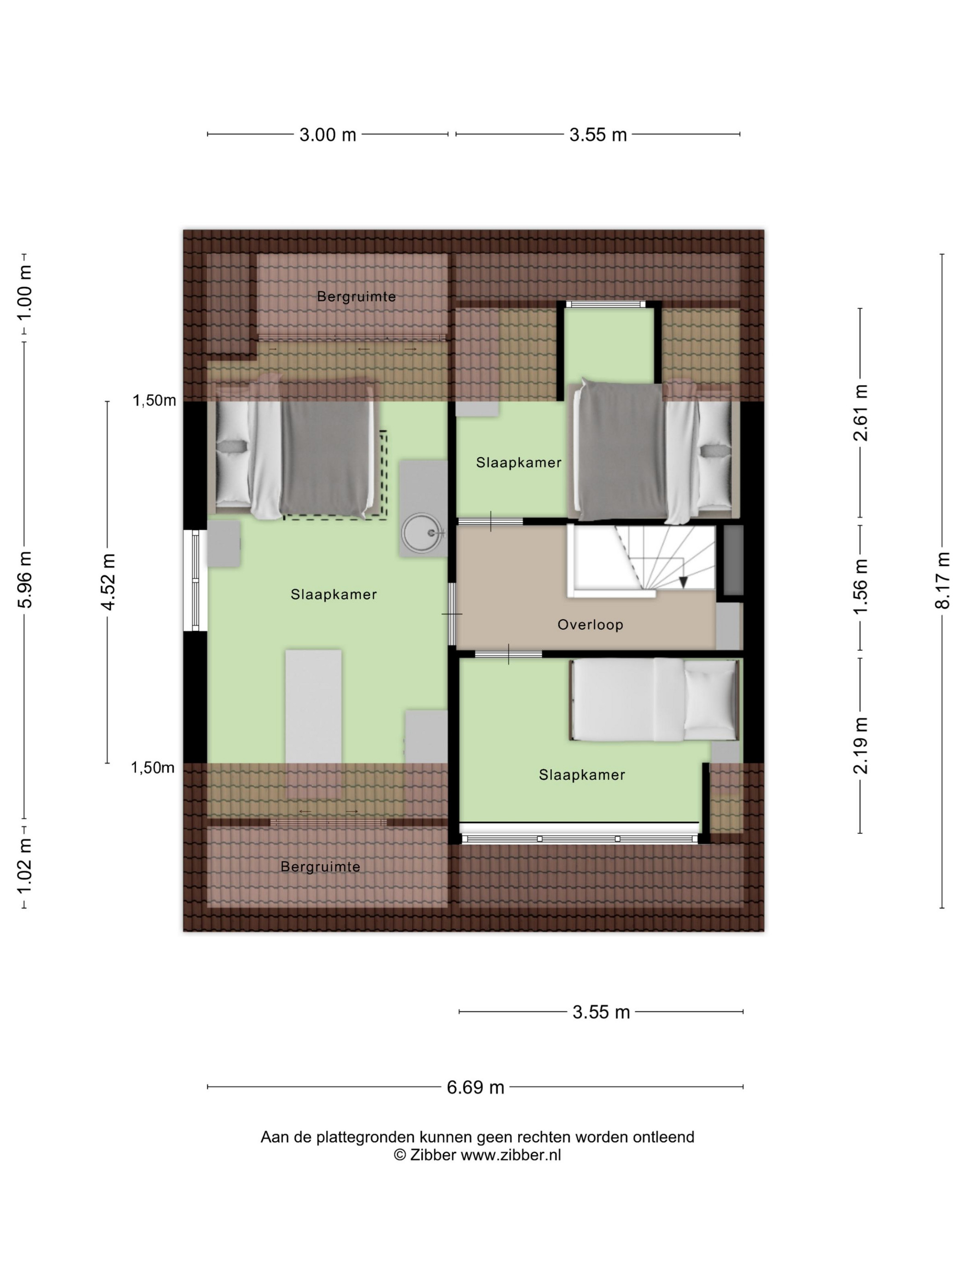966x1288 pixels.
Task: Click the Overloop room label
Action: coord(590,625)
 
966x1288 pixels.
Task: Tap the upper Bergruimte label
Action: coord(356,297)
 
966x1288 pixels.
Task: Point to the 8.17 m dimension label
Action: coord(942,580)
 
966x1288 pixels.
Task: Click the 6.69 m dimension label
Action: coord(475,1087)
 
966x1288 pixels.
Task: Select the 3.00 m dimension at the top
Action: coord(327,135)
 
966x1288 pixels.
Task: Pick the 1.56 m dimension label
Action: coord(861,586)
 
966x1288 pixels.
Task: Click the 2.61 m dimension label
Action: coord(861,412)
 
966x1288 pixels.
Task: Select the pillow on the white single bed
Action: coord(710,699)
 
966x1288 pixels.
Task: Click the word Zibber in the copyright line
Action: coord(433,1172)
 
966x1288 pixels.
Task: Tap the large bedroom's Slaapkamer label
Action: coord(333,594)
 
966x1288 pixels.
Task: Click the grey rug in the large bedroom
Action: coord(313,724)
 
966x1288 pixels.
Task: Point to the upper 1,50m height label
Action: coord(154,401)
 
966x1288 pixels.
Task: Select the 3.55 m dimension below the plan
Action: coord(601,1012)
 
